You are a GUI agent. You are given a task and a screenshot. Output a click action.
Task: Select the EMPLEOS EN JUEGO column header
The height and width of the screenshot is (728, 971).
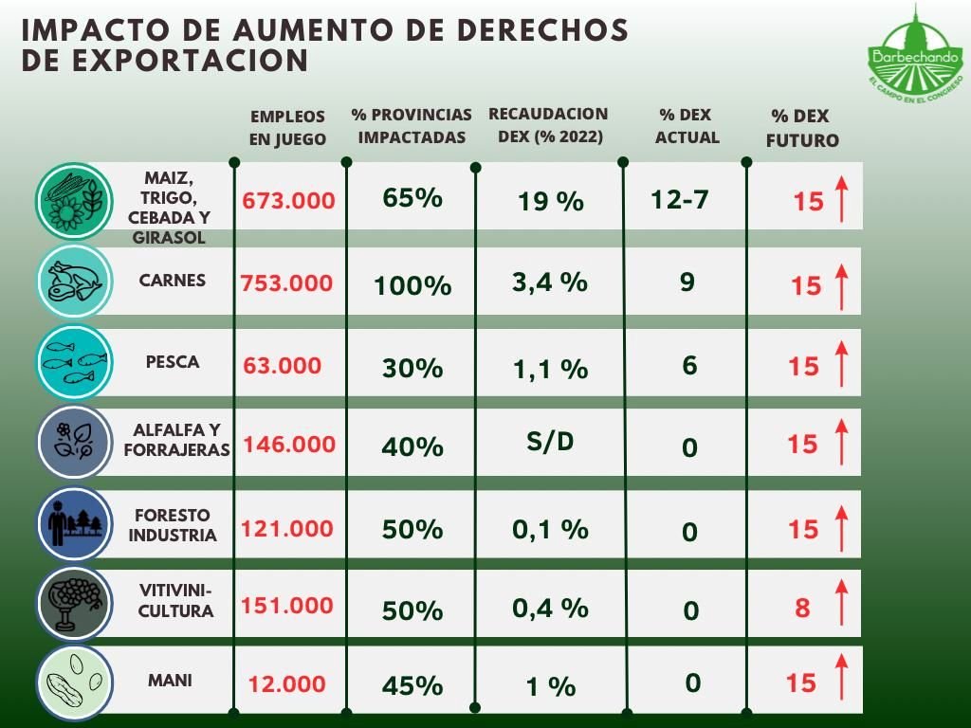287,128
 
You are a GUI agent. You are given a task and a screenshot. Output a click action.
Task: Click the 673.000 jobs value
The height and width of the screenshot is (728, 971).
288,201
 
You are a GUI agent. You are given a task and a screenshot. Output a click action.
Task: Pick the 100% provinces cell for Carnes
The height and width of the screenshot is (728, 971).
412,285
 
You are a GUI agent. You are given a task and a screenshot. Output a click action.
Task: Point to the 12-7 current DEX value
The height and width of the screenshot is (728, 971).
680,200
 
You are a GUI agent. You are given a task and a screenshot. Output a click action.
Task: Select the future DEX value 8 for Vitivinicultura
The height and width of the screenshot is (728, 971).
802,608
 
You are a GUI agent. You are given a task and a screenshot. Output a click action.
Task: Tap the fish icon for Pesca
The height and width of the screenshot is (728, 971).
74,362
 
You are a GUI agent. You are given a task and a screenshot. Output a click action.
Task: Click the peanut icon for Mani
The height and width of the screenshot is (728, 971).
74,682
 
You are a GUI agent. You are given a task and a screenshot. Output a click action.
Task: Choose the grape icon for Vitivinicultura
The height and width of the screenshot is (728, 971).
74,602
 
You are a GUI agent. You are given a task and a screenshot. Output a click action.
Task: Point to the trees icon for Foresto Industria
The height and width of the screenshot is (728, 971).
74,522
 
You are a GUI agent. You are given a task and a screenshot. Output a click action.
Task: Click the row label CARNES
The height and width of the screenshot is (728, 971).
172,281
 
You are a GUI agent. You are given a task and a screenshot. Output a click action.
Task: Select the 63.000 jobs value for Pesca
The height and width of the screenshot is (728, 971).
283,365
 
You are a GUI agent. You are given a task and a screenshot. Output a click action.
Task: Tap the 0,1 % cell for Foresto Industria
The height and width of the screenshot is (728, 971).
550,530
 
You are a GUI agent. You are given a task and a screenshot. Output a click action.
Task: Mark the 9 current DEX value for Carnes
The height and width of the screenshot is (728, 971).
687,282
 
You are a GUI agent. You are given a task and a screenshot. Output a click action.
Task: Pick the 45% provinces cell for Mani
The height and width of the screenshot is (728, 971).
412,685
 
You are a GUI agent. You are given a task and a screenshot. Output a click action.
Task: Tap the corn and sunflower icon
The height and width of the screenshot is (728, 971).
74,201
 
